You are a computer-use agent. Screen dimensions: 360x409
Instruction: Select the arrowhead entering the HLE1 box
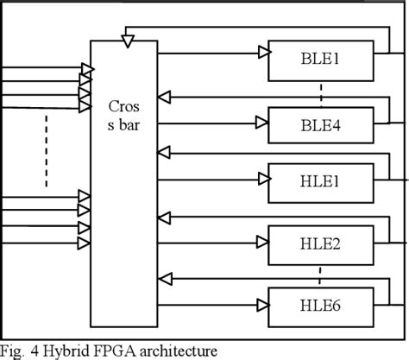point(262,179)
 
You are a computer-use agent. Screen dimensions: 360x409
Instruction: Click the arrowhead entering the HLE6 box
point(262,303)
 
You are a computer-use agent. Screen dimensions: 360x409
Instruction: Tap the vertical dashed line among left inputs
point(47,160)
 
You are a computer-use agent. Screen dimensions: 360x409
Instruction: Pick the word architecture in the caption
point(177,350)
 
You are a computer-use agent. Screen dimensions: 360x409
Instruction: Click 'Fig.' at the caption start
point(13,350)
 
